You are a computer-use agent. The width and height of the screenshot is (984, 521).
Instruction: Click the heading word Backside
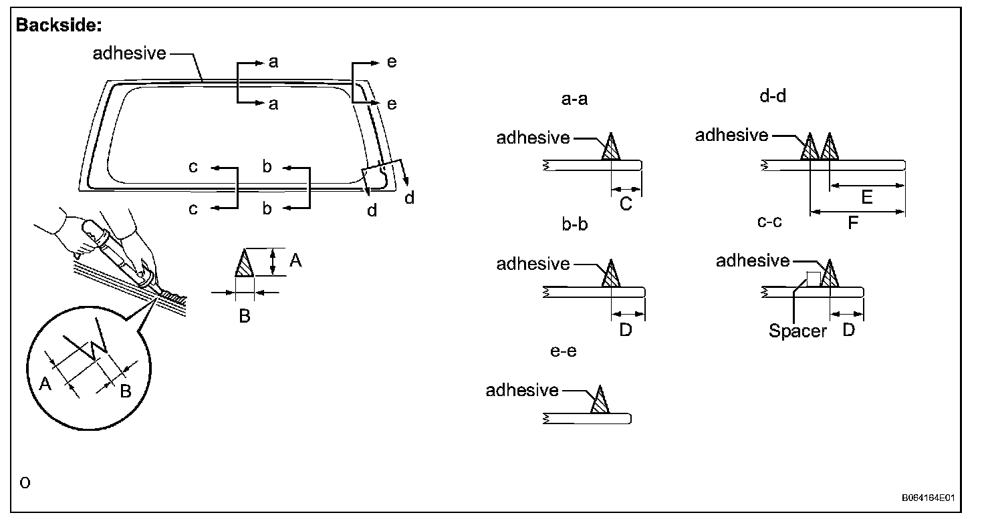pos(58,25)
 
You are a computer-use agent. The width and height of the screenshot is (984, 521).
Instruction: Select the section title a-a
pos(575,100)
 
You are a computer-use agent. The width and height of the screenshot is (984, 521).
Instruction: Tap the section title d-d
pos(773,96)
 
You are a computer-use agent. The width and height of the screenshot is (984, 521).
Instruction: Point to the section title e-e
pos(563,350)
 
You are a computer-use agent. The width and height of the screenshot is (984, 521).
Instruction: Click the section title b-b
pos(575,224)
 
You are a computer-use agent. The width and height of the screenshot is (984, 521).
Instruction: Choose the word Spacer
pos(797,331)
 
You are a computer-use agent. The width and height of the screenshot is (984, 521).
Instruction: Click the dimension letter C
pos(626,204)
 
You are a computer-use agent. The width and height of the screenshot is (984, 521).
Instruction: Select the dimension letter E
pos(866,197)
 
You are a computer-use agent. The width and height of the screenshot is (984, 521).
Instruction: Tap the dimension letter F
pos(853,223)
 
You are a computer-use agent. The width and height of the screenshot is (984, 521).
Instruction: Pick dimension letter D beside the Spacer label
pos(848,329)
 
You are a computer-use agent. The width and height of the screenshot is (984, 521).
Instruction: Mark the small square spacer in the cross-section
pos(814,279)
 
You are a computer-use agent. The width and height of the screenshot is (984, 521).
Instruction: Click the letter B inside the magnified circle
pos(125,391)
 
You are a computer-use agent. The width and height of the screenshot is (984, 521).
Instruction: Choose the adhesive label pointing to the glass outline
pos(129,53)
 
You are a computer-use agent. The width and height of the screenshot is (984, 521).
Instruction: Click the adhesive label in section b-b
pos(533,264)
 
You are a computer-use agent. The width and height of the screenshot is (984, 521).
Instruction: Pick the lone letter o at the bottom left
pos(25,482)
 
